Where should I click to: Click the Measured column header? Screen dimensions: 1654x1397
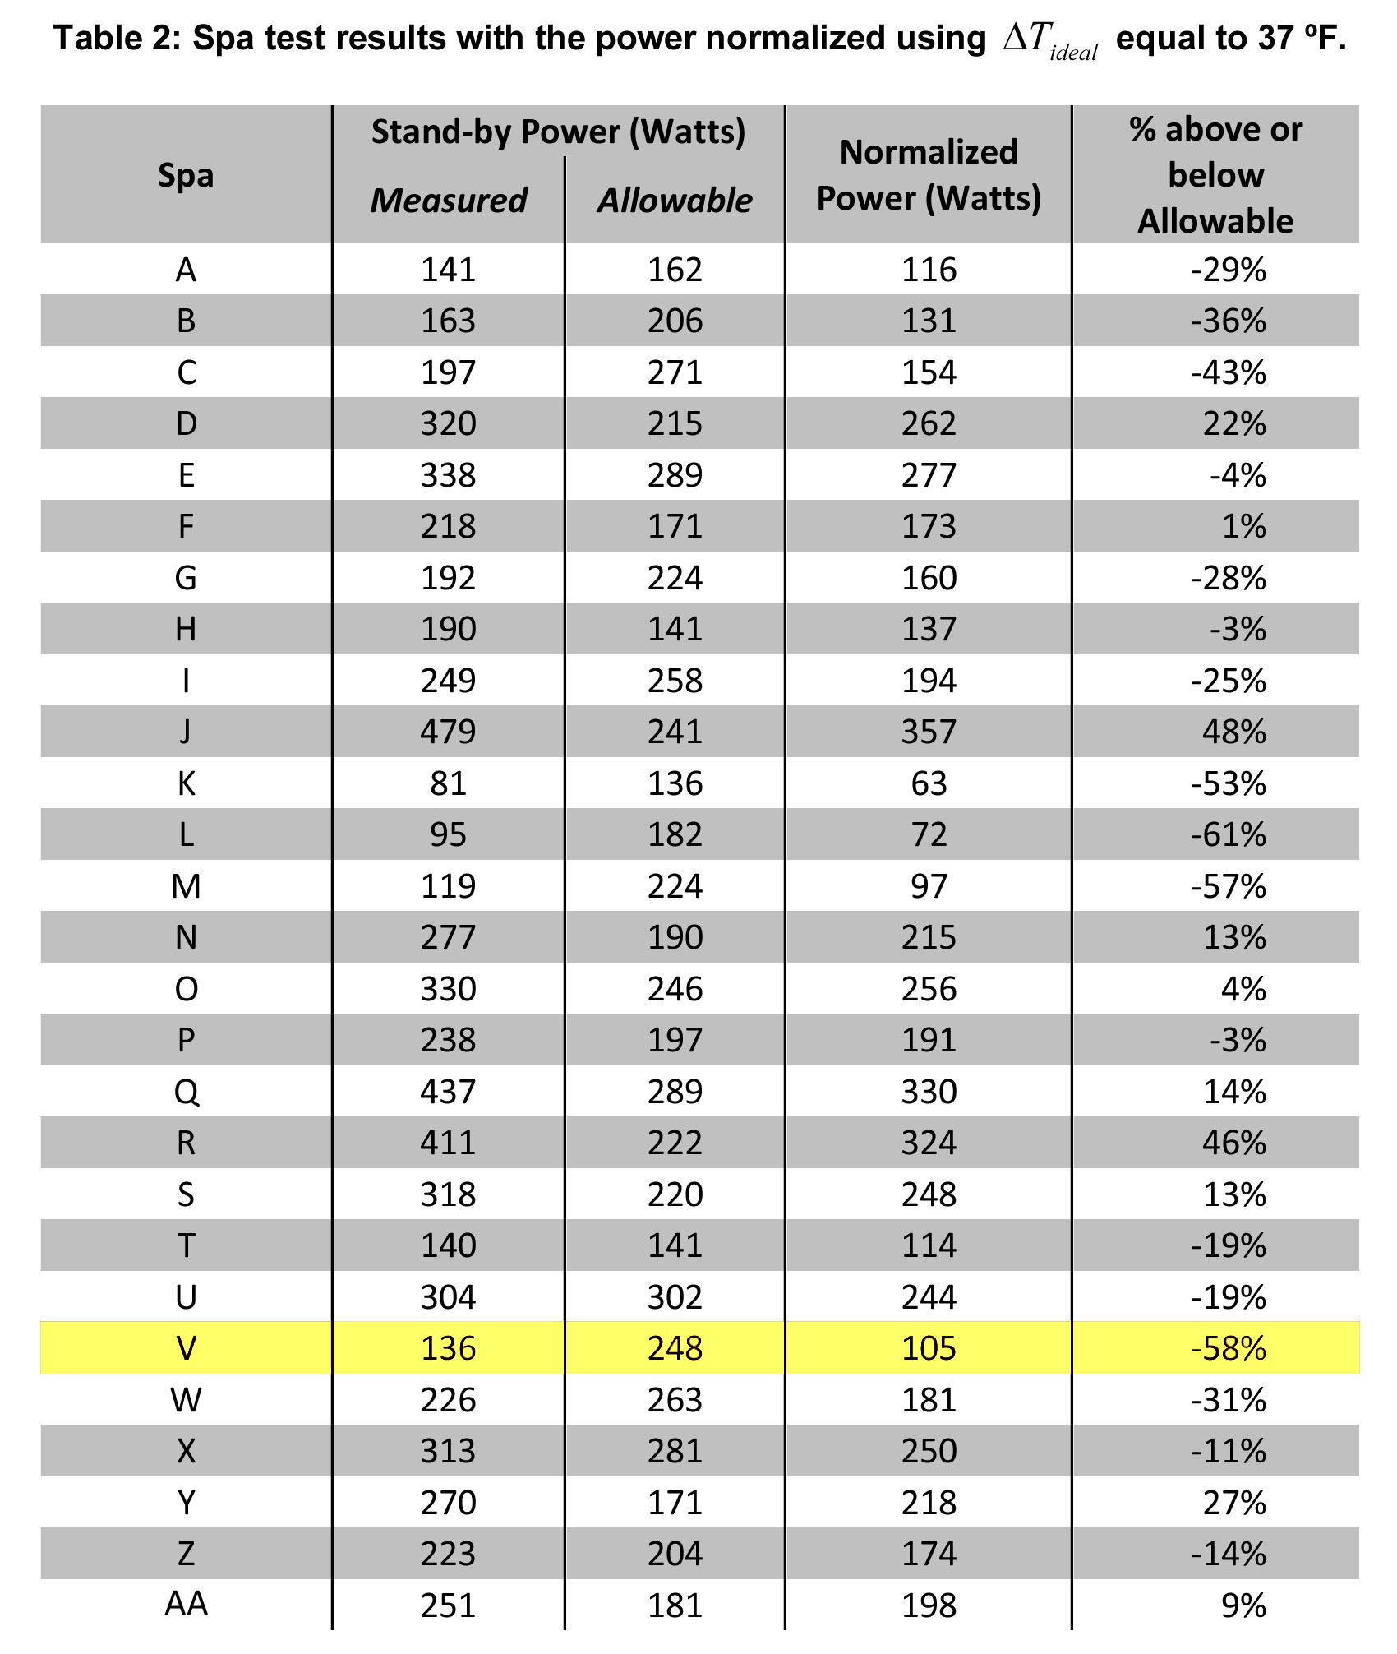449,201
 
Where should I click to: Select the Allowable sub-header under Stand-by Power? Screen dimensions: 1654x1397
675,201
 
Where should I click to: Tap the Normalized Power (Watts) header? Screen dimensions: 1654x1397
929,175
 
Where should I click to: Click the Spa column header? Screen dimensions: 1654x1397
186,175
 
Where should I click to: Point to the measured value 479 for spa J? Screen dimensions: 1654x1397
449,732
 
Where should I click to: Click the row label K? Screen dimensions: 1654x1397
187,783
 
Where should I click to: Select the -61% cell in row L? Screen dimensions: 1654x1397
1229,834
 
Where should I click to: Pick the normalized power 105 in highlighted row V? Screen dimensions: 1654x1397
929,1348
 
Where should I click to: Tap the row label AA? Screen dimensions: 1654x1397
187,1604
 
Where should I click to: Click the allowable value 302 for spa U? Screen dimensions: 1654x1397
675,1297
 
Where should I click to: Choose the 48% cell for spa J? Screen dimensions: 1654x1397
1234,732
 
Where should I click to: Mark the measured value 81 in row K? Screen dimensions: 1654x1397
449,783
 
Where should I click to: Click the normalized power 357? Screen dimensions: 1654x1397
929,732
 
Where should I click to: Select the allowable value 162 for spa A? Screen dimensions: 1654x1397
675,270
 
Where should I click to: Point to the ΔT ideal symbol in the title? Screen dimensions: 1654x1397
1049,39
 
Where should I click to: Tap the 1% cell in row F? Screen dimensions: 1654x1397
1243,526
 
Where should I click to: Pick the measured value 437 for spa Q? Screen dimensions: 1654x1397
449,1092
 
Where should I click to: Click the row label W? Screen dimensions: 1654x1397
187,1400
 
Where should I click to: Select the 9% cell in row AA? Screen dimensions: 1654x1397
1243,1605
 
